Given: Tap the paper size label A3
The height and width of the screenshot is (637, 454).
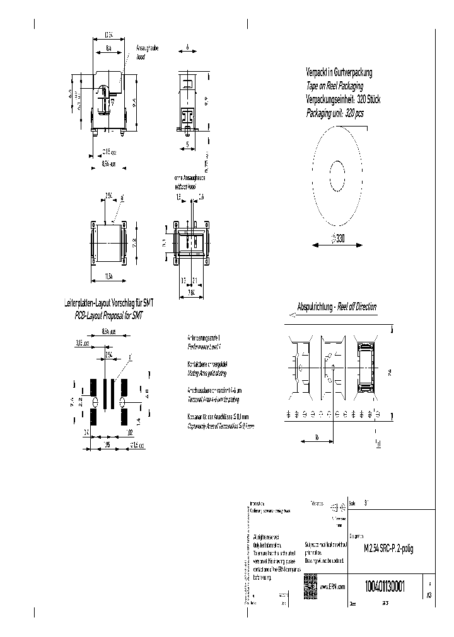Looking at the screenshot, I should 429,594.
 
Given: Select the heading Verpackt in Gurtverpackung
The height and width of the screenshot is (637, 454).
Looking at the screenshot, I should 339,72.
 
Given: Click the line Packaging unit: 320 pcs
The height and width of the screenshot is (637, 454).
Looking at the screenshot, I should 335,113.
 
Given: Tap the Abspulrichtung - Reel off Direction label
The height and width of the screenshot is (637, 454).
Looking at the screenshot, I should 337,307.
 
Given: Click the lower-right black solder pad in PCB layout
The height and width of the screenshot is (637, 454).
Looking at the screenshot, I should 124,417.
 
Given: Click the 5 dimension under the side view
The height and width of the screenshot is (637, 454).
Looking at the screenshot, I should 189,144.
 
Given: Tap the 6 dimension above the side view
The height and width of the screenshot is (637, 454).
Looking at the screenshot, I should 188,48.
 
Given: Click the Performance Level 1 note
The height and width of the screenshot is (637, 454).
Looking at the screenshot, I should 206,346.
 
